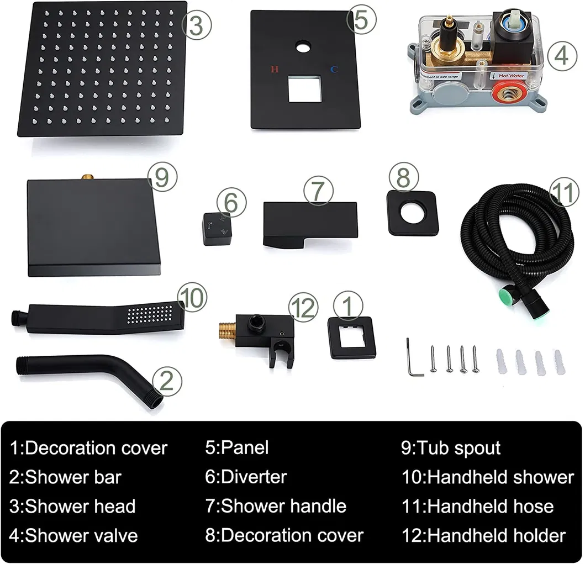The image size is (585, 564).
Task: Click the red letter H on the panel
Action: click(x=275, y=70)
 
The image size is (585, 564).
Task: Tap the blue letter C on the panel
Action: click(x=334, y=70)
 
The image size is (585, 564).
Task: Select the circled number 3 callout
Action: click(x=197, y=26)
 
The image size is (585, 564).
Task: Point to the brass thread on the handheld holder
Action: click(x=228, y=333)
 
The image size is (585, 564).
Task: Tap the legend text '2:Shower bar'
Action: click(x=65, y=477)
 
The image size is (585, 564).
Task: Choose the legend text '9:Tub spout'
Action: click(x=451, y=447)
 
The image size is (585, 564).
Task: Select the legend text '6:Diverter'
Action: click(x=246, y=477)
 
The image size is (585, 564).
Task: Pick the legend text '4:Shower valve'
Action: click(x=73, y=535)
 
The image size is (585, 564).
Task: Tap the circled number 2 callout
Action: click(x=166, y=381)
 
